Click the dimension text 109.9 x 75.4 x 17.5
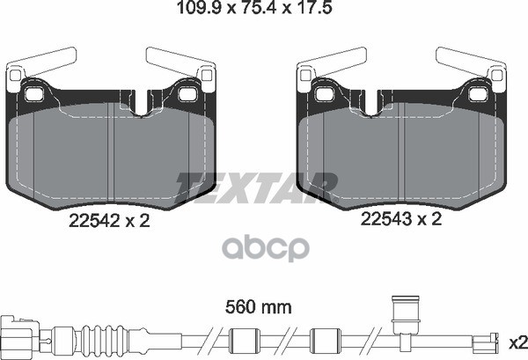254,7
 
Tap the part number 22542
94,221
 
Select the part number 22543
386,219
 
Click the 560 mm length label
258,307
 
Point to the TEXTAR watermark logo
257,188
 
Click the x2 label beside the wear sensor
518,343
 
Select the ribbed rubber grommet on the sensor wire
105,339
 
